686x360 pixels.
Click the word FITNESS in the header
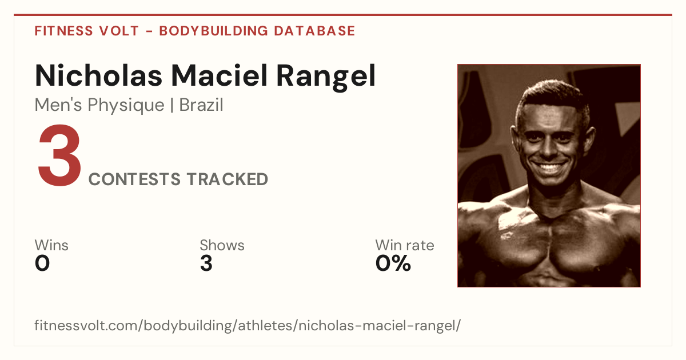coord(63,31)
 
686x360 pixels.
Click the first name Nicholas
coord(98,75)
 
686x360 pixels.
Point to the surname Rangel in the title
coord(326,77)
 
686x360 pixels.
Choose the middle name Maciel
coord(220,75)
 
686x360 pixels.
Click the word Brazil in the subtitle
coord(201,105)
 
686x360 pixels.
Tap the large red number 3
coord(59,155)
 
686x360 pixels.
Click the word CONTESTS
coord(134,179)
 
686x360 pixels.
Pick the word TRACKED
coord(228,179)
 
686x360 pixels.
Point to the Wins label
coord(51,245)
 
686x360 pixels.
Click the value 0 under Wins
coord(42,263)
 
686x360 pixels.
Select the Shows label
coord(222,245)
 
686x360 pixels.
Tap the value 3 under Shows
coord(206,263)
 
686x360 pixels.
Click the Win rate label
coord(405,245)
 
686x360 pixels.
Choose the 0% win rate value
coord(393,263)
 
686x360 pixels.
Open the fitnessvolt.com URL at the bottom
coord(248,326)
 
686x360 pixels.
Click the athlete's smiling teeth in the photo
coord(550,168)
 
